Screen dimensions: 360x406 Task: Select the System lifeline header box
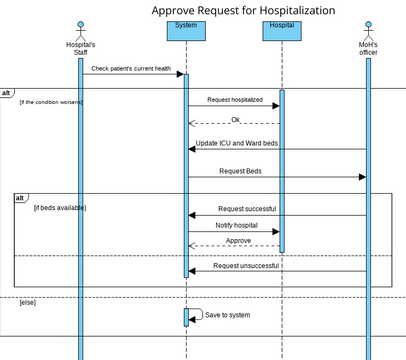(185, 30)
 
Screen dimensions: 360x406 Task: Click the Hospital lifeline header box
(282, 30)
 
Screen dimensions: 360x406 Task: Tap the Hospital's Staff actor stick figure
(80, 28)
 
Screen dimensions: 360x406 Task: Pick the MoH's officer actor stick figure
(367, 28)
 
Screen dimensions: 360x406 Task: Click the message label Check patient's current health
(129, 69)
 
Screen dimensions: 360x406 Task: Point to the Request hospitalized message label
(235, 101)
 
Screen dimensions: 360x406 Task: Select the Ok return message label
(235, 120)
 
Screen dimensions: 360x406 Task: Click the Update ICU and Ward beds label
(237, 144)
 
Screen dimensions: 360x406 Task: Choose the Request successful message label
(246, 209)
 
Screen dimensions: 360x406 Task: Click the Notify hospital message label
(237, 226)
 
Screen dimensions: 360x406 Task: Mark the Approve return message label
(237, 242)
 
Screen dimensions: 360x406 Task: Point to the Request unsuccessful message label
(246, 266)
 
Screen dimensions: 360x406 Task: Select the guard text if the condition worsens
(51, 102)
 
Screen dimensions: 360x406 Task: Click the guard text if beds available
(59, 208)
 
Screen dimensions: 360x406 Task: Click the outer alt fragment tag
(8, 92)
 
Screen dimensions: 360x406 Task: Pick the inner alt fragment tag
(20, 198)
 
